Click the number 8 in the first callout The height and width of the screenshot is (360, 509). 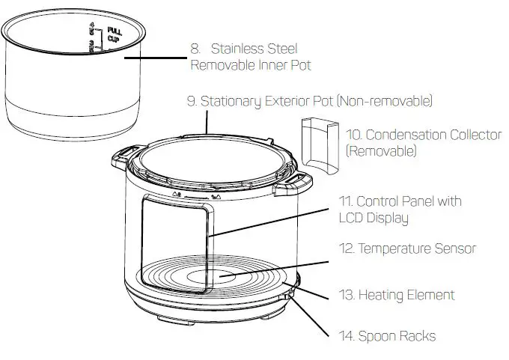coord(195,49)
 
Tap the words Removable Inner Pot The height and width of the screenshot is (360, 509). coord(251,66)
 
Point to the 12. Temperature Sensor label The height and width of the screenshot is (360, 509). coord(405,248)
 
